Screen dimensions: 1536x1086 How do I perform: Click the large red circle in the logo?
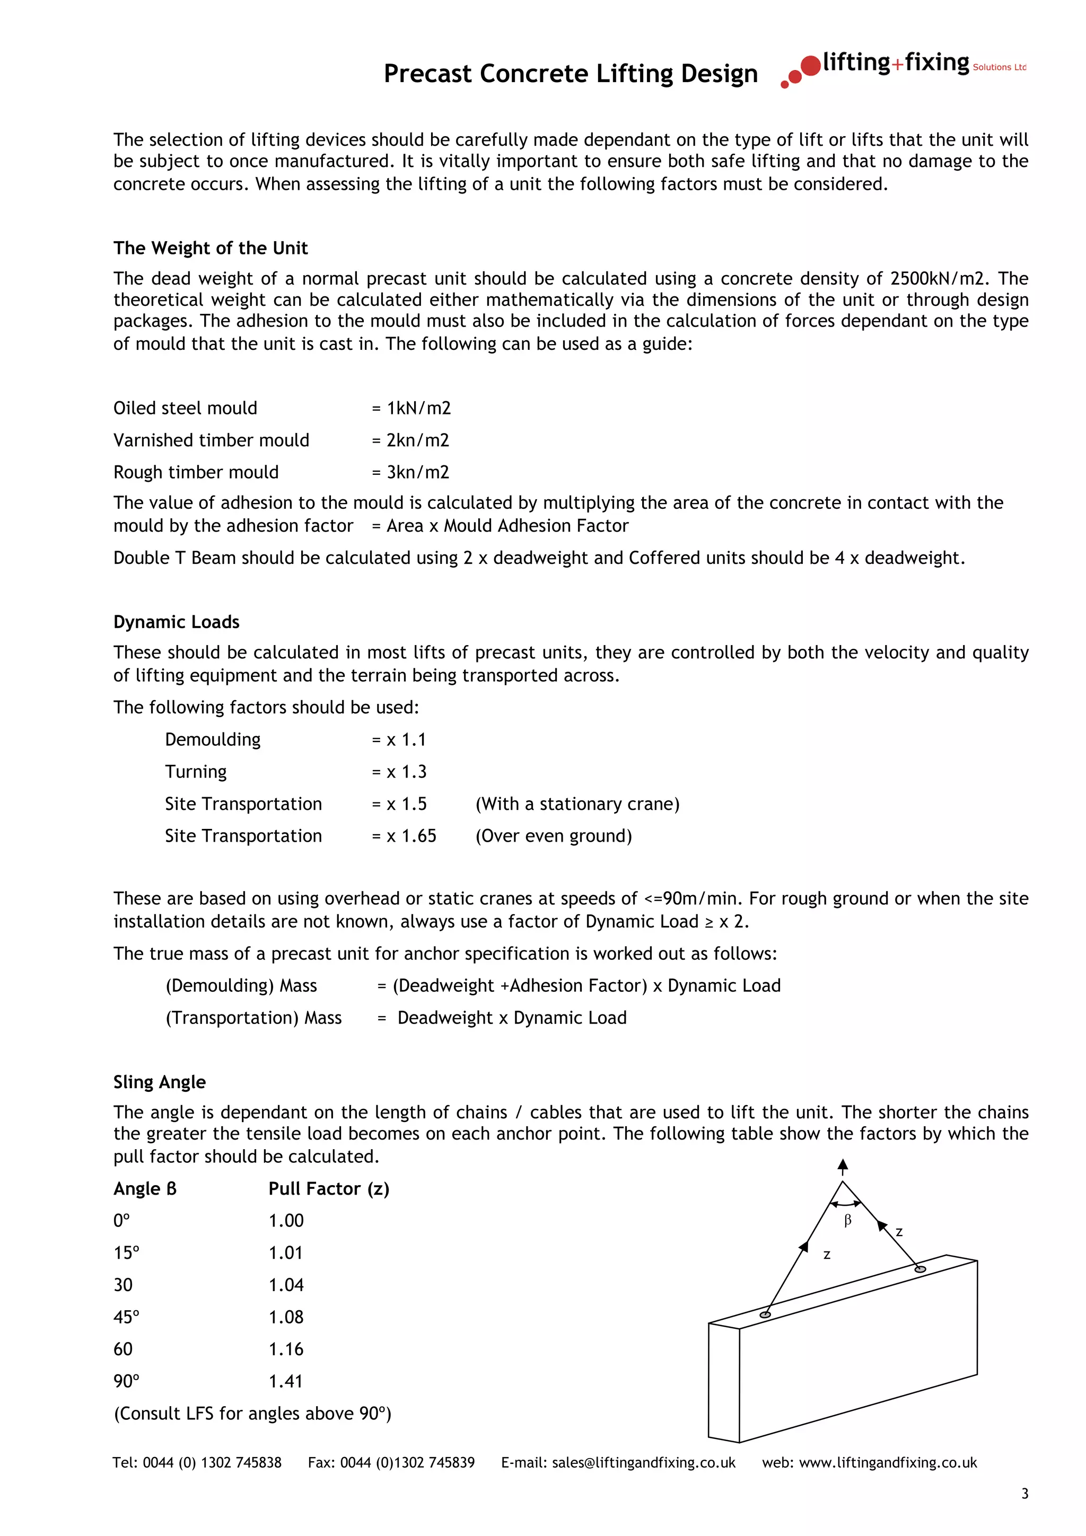click(x=810, y=66)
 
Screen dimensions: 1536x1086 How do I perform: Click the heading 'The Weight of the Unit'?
click(x=210, y=248)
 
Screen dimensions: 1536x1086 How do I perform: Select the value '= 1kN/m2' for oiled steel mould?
click(x=411, y=408)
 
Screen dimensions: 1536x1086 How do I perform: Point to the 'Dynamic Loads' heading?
click(x=176, y=622)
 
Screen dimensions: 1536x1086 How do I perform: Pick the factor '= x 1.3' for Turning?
click(x=399, y=772)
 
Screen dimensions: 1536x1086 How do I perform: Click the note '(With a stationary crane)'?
click(x=577, y=804)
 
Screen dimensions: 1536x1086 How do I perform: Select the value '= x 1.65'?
click(x=404, y=836)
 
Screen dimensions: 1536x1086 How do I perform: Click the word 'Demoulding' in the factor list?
click(x=213, y=740)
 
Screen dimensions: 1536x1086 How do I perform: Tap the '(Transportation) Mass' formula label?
click(x=253, y=1018)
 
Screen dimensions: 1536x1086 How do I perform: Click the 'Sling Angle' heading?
click(x=159, y=1082)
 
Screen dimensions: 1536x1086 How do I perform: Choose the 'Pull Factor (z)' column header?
click(x=329, y=1189)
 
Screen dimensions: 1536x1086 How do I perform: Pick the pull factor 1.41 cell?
click(x=286, y=1381)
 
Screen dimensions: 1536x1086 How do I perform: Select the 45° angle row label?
click(x=126, y=1317)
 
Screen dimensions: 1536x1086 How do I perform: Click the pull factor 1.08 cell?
click(x=286, y=1317)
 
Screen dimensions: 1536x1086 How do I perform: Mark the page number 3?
click(x=1024, y=1494)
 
